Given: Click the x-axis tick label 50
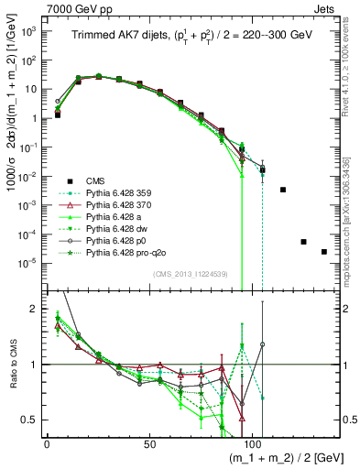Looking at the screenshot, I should point(147,443).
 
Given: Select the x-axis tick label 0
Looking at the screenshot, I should point(46,443).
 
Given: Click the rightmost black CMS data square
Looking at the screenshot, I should point(324,252).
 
